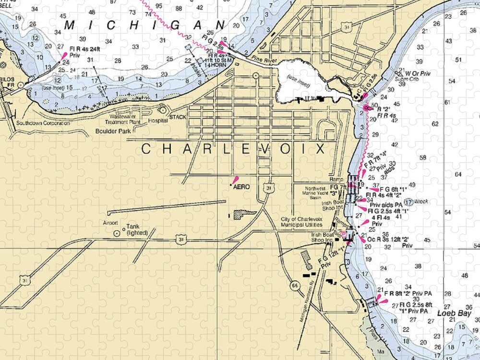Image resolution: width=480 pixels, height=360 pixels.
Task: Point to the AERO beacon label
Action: tap(241, 187)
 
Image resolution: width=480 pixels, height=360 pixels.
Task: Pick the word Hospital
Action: tap(157, 121)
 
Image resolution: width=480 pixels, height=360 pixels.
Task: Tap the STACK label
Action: tap(177, 117)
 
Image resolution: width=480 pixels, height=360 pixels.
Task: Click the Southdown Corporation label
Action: tap(43, 123)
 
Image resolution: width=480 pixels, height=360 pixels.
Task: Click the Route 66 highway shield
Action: tap(293, 285)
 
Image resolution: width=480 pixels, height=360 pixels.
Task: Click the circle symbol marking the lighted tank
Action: tap(117, 233)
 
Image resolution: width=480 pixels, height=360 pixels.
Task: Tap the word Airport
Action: tap(110, 223)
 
